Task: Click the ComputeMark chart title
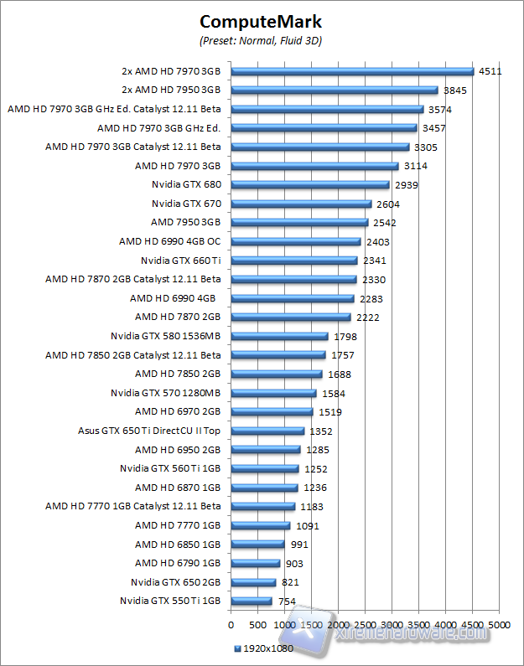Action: [x=261, y=20]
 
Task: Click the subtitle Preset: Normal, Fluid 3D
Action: [x=261, y=40]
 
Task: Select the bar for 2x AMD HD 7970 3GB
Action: [x=352, y=71]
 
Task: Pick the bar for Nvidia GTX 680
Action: [x=310, y=185]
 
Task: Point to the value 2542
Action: [x=384, y=223]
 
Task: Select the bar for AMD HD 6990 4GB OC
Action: [x=295, y=241]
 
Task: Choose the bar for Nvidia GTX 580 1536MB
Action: [x=279, y=336]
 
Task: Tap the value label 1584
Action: [x=333, y=393]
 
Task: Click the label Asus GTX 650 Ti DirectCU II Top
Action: [x=149, y=431]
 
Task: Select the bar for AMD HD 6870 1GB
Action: [x=264, y=488]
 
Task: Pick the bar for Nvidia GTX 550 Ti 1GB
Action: [x=251, y=601]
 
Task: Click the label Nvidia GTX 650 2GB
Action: [x=175, y=582]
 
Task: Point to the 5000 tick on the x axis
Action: [x=500, y=625]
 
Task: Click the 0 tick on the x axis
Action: [x=231, y=625]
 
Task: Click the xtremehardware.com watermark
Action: [x=402, y=635]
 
